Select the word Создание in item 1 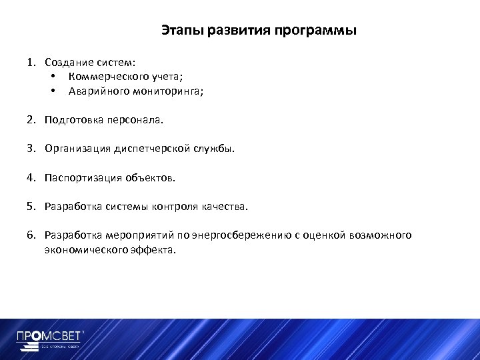click(69, 63)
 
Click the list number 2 click(31, 121)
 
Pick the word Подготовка click(71, 121)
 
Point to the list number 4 click(31, 178)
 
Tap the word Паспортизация click(81, 178)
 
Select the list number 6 click(31, 235)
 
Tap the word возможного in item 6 click(383, 235)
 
